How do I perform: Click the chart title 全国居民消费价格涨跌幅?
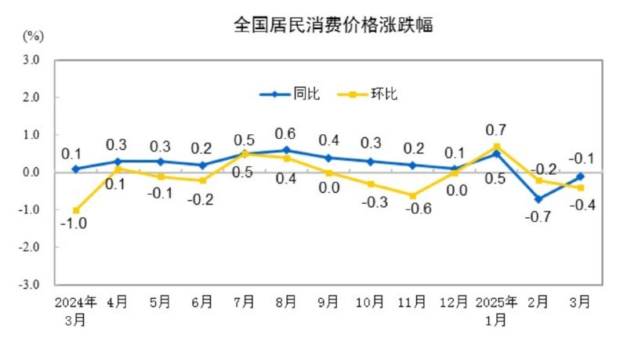pyautogui.click(x=334, y=25)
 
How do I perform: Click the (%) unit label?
pyautogui.click(x=33, y=36)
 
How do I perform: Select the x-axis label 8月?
pyautogui.click(x=286, y=300)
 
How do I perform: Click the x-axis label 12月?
pyautogui.click(x=455, y=300)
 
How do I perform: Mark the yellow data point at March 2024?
pyautogui.click(x=76, y=210)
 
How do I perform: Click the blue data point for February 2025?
pyautogui.click(x=538, y=198)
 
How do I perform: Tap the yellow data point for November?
pyautogui.click(x=412, y=195)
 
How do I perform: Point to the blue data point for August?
pyautogui.click(x=286, y=150)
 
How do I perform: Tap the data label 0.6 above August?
pyautogui.click(x=286, y=133)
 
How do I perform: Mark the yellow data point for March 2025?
pyautogui.click(x=581, y=187)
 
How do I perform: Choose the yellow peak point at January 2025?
pyautogui.click(x=497, y=146)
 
